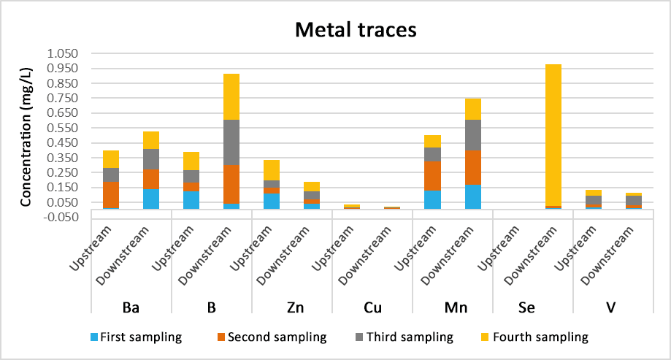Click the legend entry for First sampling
click(x=135, y=337)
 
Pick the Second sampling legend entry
click(x=272, y=337)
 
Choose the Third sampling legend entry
click(x=406, y=337)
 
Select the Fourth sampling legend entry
click(x=537, y=337)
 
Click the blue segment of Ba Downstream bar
click(x=150, y=199)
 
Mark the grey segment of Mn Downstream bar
click(x=472, y=134)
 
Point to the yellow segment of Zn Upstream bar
click(x=272, y=170)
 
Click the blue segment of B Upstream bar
click(x=191, y=199)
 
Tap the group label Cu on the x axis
click(x=372, y=308)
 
